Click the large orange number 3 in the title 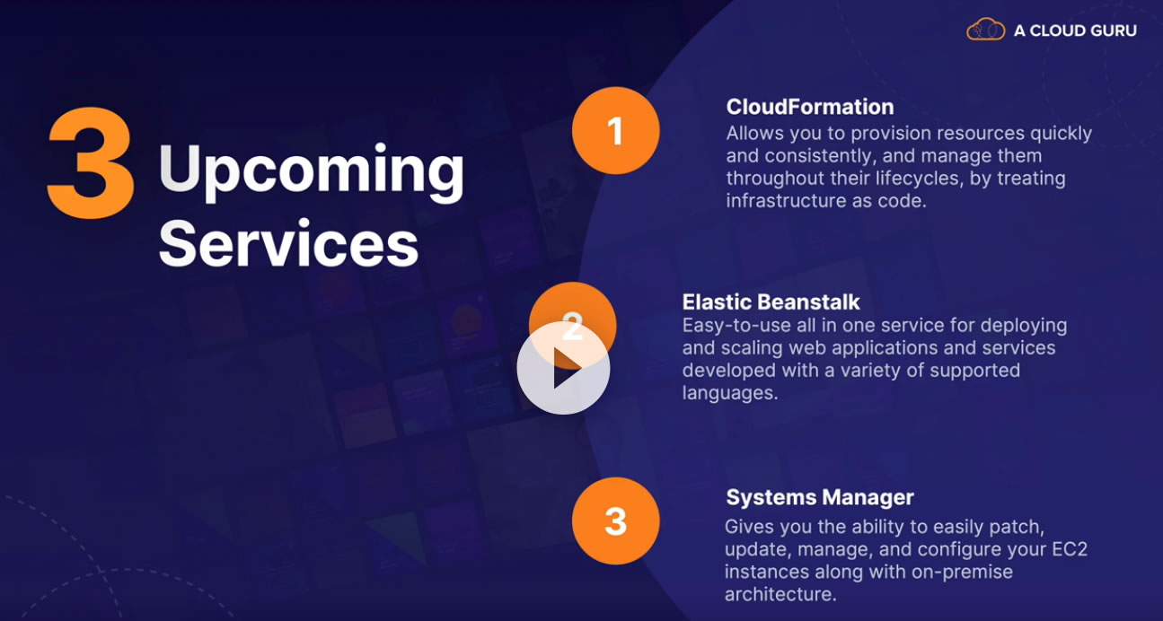click(x=91, y=163)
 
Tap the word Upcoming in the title click(x=312, y=171)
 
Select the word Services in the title click(x=288, y=243)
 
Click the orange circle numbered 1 click(x=616, y=130)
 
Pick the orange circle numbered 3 click(x=616, y=520)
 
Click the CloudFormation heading click(x=810, y=107)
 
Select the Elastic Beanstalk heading click(x=771, y=302)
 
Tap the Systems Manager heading click(x=820, y=497)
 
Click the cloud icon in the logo click(x=985, y=29)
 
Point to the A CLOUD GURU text click(x=1075, y=31)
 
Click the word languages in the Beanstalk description click(x=730, y=394)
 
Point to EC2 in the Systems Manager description click(x=1070, y=549)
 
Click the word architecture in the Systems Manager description click(x=780, y=594)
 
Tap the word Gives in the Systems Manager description click(x=749, y=527)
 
